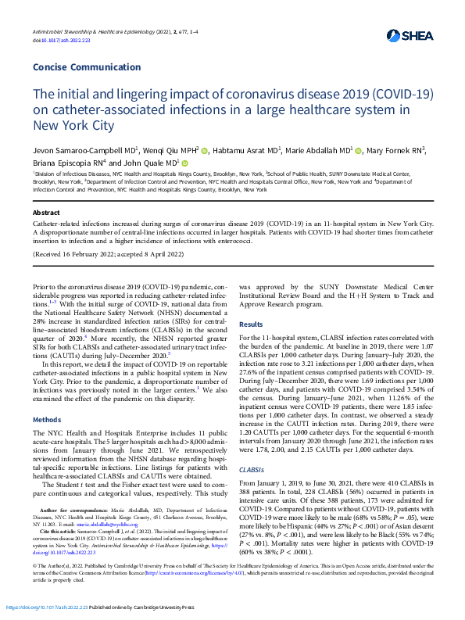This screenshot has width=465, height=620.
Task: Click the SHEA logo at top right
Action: (411, 34)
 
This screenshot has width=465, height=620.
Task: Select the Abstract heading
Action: (46, 213)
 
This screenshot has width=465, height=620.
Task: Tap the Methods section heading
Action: (47, 420)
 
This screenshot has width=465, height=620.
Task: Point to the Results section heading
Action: (251, 324)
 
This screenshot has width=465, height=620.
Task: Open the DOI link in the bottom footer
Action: (46, 607)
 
